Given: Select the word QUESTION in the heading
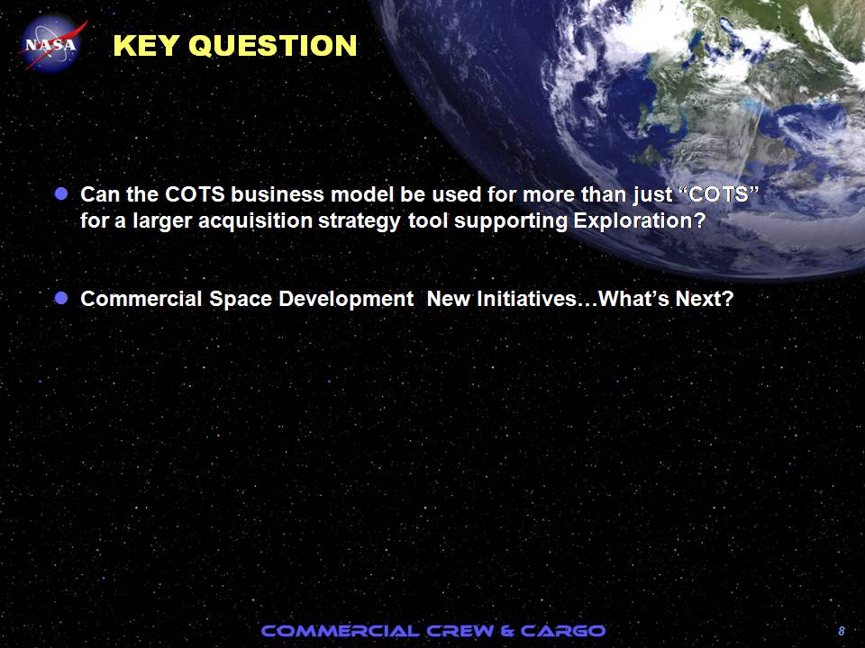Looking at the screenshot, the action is pos(277,46).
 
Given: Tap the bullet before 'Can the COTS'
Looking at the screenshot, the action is pos(61,193).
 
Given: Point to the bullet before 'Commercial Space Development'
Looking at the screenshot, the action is pos(61,298).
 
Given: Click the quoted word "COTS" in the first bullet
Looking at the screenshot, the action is pos(717,194).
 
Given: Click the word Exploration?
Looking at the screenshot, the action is pos(640,220).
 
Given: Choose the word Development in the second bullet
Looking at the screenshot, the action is pos(346,299).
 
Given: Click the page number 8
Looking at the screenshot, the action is pos(842,631).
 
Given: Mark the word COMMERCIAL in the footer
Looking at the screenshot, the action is pos(340,631).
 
